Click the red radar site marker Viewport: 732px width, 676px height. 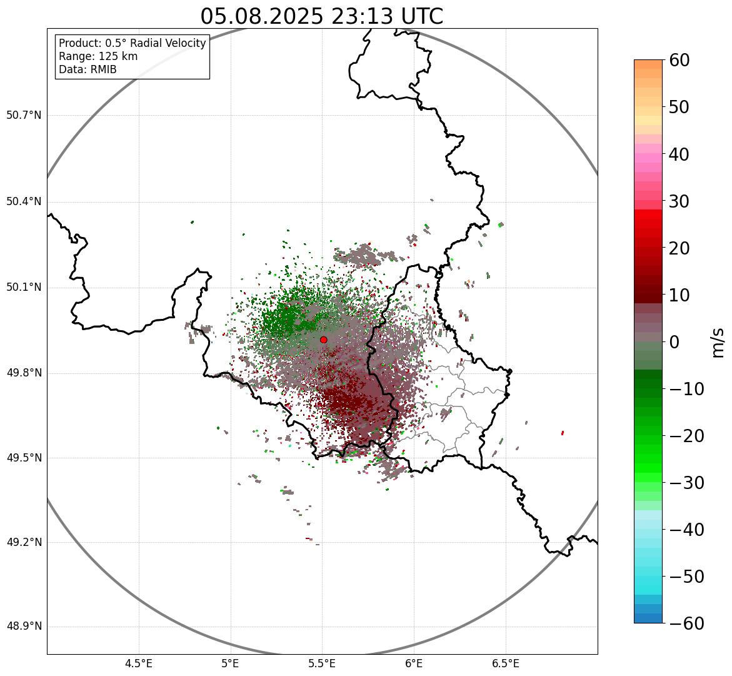coord(323,340)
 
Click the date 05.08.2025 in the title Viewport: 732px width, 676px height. coord(262,16)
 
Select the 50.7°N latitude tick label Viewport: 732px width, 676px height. coord(24,116)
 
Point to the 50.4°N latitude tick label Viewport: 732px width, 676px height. coord(24,202)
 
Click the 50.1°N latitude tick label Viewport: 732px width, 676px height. coord(24,288)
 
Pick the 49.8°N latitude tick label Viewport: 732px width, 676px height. coord(24,373)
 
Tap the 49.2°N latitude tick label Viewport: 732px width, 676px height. coord(24,542)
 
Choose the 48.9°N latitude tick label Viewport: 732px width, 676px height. coord(24,627)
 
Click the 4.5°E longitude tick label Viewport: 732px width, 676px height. coord(139,663)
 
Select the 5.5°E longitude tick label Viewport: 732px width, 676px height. coord(322,663)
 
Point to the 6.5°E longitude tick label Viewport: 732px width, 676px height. coord(505,663)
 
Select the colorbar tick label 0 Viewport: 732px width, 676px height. coord(674,342)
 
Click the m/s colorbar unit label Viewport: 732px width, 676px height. coord(719,342)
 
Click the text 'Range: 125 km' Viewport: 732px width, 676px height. coord(98,56)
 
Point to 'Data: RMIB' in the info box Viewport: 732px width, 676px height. coord(88,69)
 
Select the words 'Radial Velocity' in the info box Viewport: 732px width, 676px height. coord(168,43)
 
